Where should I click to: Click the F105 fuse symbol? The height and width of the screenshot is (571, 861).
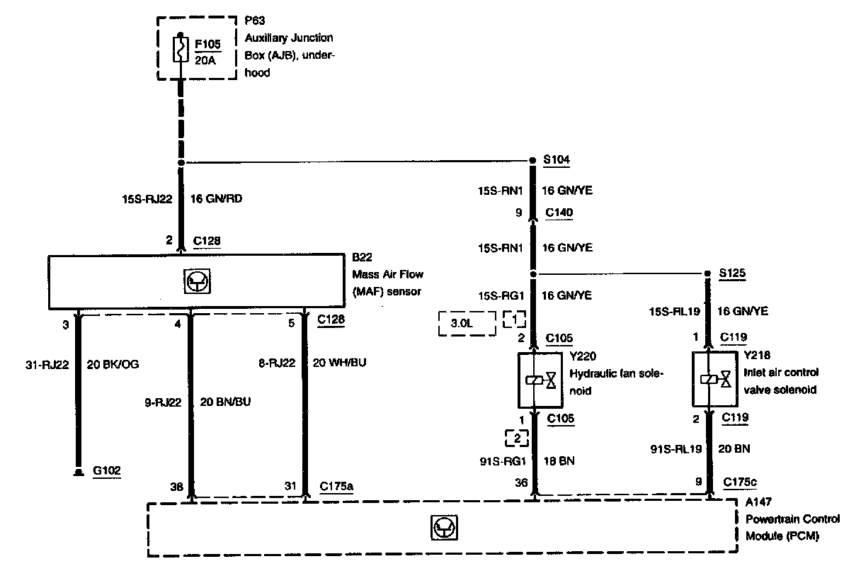(x=181, y=51)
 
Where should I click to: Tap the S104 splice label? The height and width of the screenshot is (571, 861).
(x=555, y=161)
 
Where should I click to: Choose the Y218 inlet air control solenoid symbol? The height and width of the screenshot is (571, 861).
(x=714, y=380)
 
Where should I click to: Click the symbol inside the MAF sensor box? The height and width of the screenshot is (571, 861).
(x=193, y=282)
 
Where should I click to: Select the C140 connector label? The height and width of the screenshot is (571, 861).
(x=559, y=212)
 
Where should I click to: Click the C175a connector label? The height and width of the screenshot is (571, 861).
(x=337, y=485)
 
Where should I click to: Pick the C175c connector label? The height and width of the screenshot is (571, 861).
(x=739, y=482)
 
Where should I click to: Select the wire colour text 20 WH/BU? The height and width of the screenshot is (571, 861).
(x=340, y=363)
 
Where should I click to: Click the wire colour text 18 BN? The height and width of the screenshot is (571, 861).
(x=558, y=461)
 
